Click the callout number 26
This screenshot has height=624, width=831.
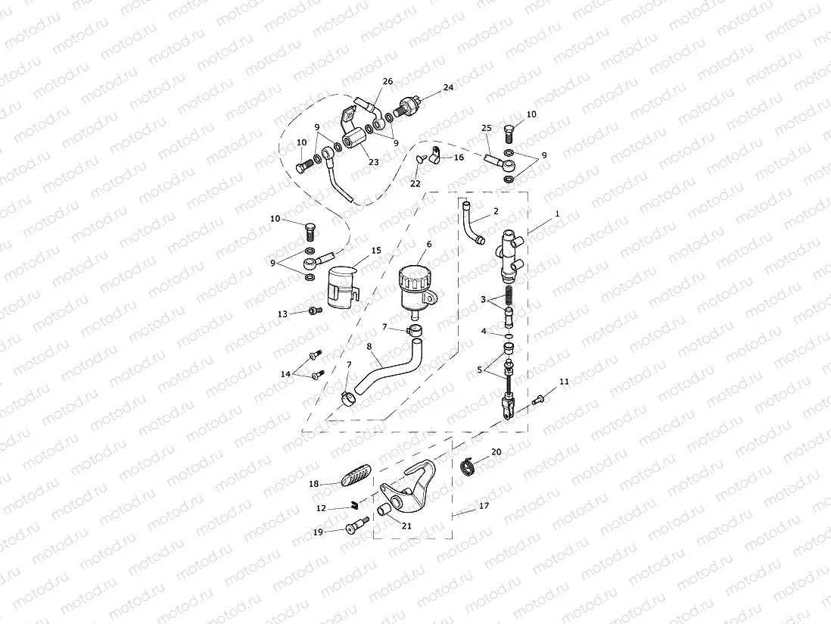(388, 81)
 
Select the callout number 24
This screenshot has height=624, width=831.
(449, 87)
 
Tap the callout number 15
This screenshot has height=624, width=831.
(376, 250)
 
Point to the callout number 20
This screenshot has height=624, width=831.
(496, 451)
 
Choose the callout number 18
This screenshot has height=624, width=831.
(313, 483)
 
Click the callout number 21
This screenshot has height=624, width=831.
(406, 526)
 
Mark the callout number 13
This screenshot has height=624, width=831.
(282, 313)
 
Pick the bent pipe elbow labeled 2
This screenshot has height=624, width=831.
(472, 225)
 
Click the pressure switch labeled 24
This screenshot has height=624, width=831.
(409, 104)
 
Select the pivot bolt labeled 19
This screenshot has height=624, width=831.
(356, 526)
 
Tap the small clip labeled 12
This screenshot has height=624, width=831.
(353, 506)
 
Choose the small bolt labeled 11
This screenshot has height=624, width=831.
(538, 400)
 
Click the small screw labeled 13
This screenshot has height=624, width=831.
(313, 311)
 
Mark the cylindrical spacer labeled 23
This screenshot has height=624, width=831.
(353, 142)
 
